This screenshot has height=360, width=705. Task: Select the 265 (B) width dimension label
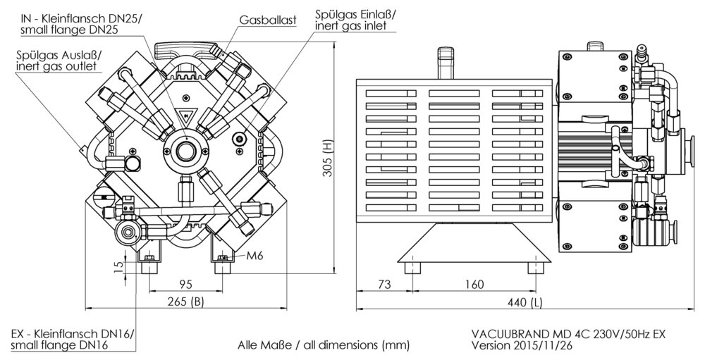(x=185, y=302)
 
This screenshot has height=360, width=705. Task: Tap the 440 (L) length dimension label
(x=525, y=303)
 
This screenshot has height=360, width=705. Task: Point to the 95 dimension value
(x=185, y=284)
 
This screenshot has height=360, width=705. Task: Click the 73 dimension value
(x=384, y=284)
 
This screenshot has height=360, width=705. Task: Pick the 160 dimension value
(x=474, y=284)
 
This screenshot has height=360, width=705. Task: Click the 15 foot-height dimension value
(x=118, y=268)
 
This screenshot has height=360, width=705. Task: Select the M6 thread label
(x=255, y=256)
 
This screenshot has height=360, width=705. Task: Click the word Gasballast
(x=267, y=20)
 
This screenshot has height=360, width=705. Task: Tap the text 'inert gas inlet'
(x=350, y=25)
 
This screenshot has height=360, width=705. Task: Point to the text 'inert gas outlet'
(x=56, y=66)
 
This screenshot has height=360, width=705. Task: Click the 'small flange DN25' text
(x=69, y=30)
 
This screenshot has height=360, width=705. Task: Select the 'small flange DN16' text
(x=59, y=345)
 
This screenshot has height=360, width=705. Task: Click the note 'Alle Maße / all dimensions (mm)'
(x=324, y=345)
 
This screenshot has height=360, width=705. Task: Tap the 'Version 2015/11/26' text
(x=522, y=346)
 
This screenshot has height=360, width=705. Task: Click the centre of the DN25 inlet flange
(x=185, y=151)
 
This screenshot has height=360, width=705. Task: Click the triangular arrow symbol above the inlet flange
(x=185, y=116)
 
